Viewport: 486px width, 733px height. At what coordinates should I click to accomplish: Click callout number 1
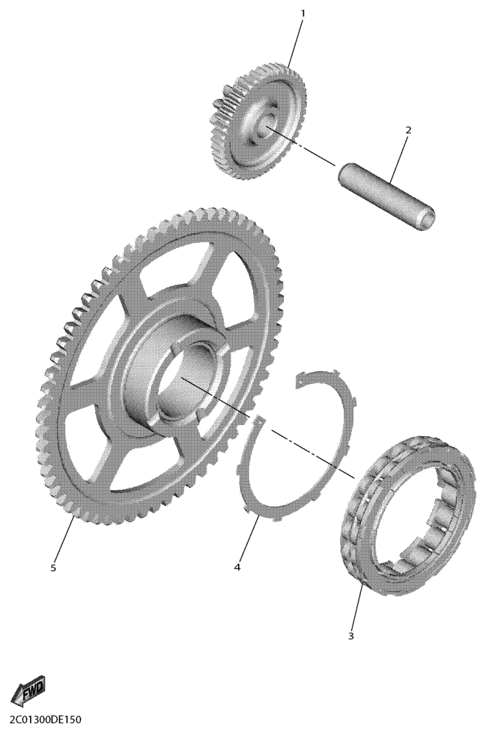coord(303,13)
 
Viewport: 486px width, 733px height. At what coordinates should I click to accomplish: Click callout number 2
coord(408,130)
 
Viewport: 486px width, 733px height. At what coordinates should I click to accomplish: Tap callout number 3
coord(351,636)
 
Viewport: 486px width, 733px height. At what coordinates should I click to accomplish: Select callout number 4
coord(237,567)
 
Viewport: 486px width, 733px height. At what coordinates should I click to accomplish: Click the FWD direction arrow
coord(28,690)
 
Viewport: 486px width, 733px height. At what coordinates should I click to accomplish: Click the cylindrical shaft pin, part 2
coord(386,196)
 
